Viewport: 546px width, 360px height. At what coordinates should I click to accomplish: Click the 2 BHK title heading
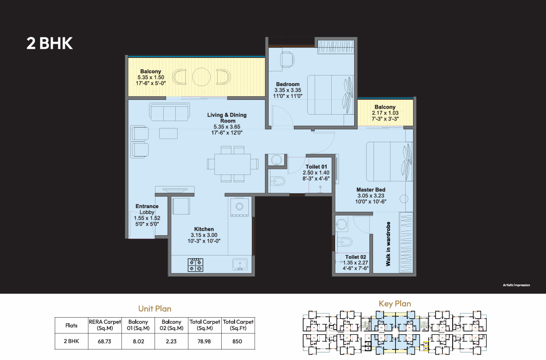pos(49,43)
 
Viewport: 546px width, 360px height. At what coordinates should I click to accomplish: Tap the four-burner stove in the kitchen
pos(195,265)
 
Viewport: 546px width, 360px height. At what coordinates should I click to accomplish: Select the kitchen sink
pos(240,264)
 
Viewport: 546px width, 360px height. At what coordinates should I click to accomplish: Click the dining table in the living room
pos(233,164)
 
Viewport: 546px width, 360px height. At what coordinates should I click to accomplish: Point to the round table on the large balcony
pos(201,77)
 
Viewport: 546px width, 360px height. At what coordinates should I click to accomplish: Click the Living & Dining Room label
pos(227,117)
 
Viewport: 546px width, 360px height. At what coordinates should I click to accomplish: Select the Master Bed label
pos(371,190)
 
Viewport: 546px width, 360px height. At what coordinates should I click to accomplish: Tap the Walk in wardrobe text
pos(388,244)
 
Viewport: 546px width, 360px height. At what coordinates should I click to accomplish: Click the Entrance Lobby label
pos(147,209)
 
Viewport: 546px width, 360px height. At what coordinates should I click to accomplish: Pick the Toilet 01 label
pos(316,167)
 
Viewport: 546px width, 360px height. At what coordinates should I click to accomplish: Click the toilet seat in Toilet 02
pos(345,242)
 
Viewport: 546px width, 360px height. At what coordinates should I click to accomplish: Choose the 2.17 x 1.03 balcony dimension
pos(385,113)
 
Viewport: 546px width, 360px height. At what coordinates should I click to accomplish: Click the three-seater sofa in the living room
pos(170,111)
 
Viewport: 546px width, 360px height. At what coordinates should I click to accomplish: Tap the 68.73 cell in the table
pos(104,342)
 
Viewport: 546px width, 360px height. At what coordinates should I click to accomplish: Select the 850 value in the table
pos(237,342)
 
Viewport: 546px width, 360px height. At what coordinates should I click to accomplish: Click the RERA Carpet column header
pos(104,325)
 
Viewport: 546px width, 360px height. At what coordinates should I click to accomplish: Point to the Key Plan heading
pos(395,304)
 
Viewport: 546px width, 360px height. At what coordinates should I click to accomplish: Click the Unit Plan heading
pos(155,309)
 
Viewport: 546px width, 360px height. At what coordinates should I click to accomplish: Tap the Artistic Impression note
pos(517,285)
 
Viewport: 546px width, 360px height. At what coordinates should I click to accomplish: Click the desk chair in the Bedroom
pos(287,59)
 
